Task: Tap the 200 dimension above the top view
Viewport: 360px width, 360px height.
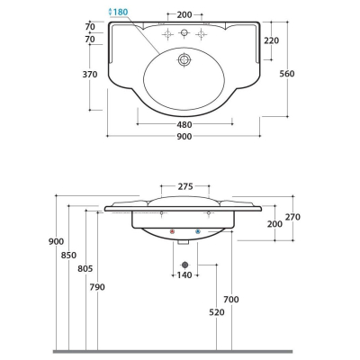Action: (184, 14)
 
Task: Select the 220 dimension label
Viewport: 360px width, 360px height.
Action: (271, 40)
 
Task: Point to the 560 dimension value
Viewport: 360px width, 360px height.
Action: (287, 74)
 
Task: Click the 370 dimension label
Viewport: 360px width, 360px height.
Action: (90, 75)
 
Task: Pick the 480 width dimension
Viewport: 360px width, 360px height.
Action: (184, 125)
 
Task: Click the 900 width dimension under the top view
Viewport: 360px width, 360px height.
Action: (184, 137)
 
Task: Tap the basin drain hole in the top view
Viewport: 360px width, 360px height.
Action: (184, 59)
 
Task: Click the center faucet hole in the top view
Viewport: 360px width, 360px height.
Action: (184, 32)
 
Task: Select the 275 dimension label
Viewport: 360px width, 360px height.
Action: (185, 186)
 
